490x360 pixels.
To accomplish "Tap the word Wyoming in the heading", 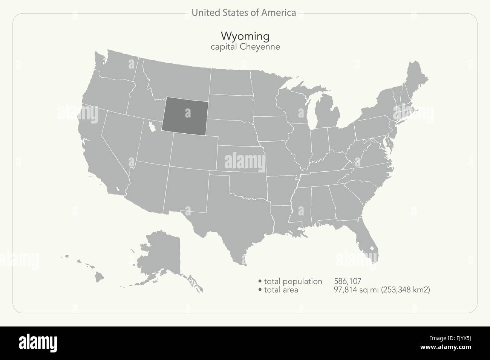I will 245,36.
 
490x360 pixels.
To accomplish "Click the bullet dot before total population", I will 260,281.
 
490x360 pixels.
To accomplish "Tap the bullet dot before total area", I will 260,290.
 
